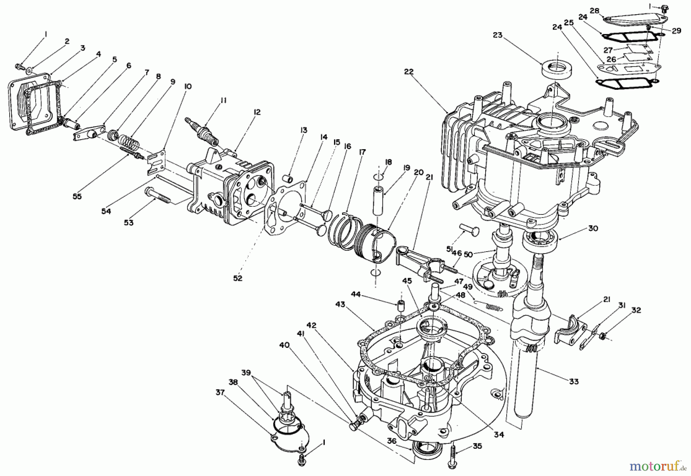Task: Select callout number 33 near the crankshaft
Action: (574, 382)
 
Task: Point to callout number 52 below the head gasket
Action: (238, 278)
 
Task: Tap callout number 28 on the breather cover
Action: (594, 11)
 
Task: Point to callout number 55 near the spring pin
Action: (77, 196)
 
